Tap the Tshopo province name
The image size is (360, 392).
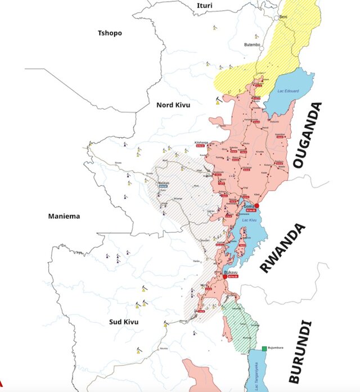[110, 33]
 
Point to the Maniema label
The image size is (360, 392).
[64, 216]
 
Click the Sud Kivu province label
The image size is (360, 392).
[123, 322]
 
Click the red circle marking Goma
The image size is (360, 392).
[256, 206]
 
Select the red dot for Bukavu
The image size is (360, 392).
[224, 277]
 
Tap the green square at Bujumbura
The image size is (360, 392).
[263, 349]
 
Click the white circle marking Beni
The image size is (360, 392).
[277, 18]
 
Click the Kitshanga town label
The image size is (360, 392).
[201, 142]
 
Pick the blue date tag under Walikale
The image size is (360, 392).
[164, 186]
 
